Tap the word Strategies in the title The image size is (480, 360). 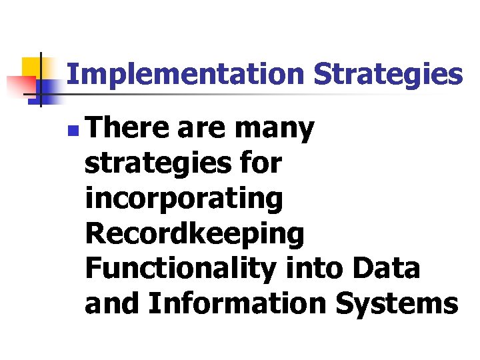tap(388, 75)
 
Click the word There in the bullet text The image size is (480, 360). tap(127, 127)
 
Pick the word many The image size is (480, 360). tap(274, 128)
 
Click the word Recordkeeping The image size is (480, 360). tap(195, 234)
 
